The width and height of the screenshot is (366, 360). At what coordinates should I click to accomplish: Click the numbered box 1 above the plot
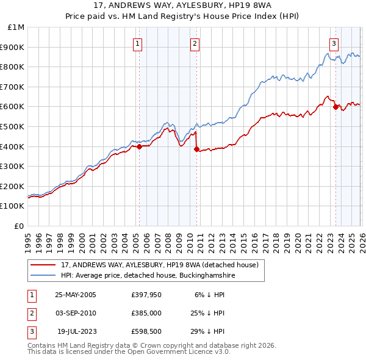tap(138, 43)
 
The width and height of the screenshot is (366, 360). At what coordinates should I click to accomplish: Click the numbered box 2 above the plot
tap(195, 43)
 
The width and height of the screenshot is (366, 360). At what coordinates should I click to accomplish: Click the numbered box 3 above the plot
tap(334, 43)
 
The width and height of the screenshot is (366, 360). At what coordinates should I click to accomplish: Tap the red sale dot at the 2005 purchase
tap(139, 146)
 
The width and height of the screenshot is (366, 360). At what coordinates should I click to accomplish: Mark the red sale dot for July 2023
tap(335, 107)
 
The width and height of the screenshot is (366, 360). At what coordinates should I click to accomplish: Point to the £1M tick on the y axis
tap(16, 27)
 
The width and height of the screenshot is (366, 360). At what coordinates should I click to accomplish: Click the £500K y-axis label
tap(13, 126)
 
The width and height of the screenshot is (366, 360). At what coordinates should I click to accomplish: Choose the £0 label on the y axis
tap(18, 226)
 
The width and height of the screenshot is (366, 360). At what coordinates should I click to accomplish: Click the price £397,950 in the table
tap(145, 295)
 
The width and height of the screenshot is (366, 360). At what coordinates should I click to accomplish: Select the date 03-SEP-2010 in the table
tap(75, 313)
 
